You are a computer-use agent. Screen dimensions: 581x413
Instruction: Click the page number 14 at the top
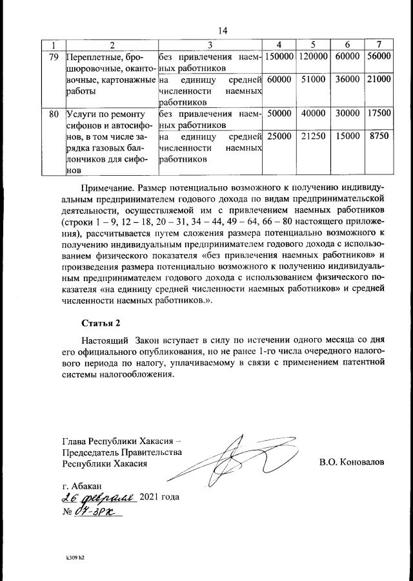coord(224,30)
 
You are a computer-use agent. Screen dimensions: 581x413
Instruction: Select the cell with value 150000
coord(279,56)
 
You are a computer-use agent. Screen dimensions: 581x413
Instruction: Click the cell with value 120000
coord(313,56)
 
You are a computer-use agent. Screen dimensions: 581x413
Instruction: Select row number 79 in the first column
coord(54,56)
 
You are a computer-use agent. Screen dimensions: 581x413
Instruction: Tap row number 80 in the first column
coord(54,113)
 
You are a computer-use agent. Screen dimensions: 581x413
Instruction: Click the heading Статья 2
coord(101,322)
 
